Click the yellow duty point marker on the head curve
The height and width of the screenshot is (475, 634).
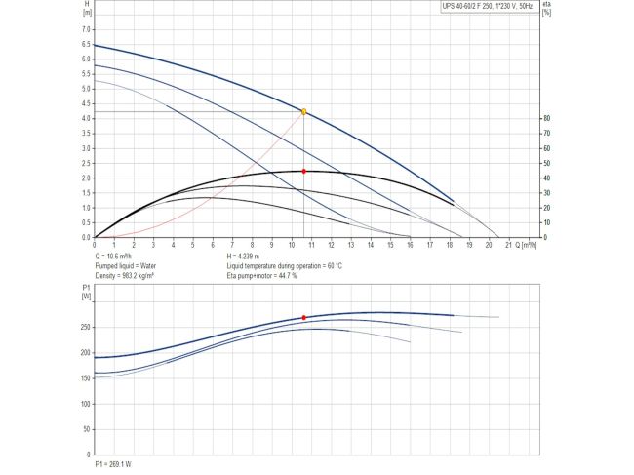click(x=304, y=112)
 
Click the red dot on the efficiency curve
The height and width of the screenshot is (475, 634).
click(x=304, y=172)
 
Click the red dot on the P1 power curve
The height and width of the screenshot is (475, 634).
click(x=304, y=318)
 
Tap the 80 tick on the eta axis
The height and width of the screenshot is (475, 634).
click(x=548, y=118)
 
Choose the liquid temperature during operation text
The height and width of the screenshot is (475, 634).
click(x=284, y=265)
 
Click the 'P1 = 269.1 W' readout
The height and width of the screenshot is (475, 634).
click(x=112, y=464)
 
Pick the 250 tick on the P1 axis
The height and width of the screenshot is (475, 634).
click(x=85, y=327)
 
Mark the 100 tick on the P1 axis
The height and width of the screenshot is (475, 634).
click(x=85, y=403)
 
